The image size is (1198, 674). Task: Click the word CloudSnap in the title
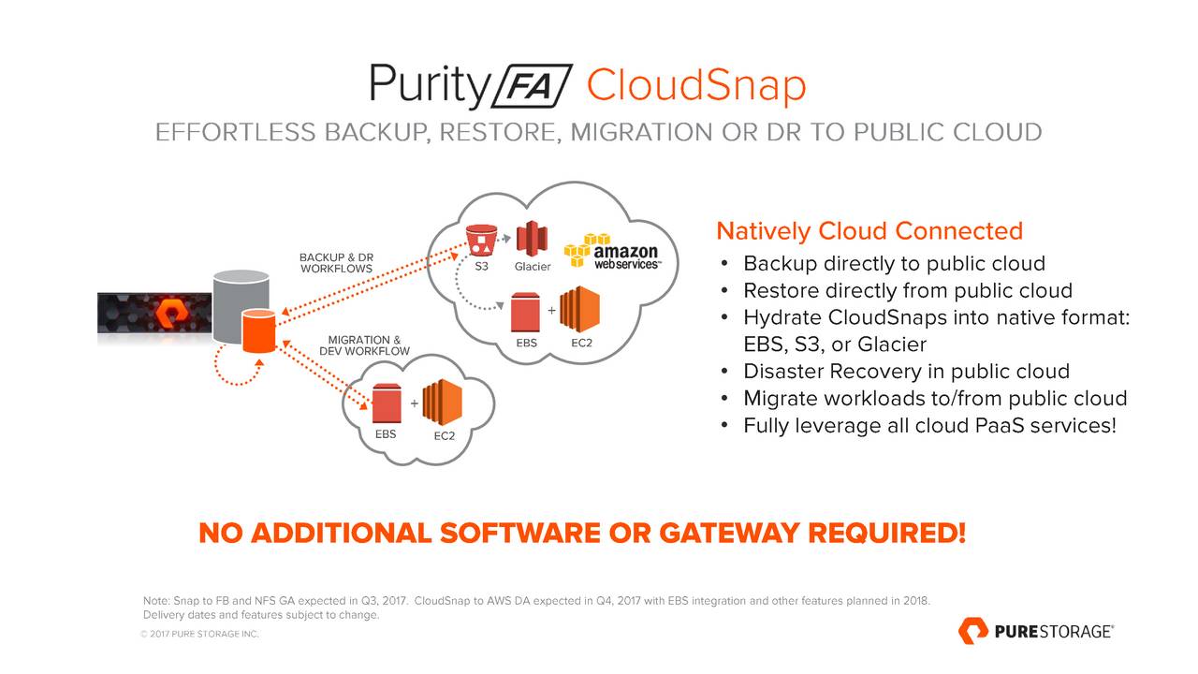tap(695, 87)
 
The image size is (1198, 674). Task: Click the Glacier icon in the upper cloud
tap(531, 238)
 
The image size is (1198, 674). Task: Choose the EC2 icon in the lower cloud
tap(443, 403)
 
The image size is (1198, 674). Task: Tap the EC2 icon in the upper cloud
tap(579, 309)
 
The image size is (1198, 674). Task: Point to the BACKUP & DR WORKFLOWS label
tap(336, 263)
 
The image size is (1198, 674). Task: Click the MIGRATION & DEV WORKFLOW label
tap(364, 345)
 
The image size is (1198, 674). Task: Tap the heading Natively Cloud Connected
tap(869, 230)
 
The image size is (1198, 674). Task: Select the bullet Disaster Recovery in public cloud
tap(906, 371)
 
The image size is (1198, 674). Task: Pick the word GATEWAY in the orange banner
tap(729, 534)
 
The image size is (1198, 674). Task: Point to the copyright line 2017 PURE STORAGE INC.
tap(198, 634)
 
